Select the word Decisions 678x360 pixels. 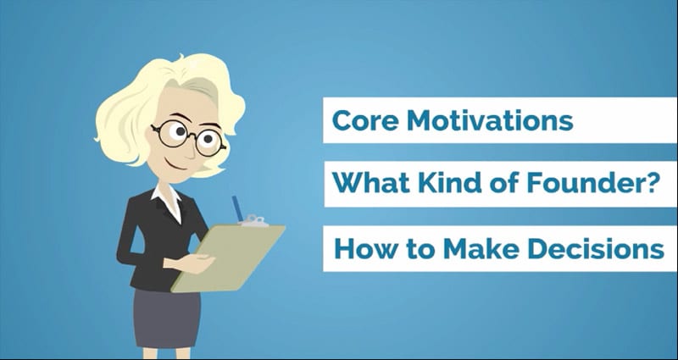point(595,248)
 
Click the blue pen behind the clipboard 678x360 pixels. point(237,208)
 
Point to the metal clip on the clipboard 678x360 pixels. point(254,221)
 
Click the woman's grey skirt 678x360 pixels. point(167,318)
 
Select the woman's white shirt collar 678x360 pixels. point(168,201)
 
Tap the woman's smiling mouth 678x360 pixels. point(175,165)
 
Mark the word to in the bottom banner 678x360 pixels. point(420,249)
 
